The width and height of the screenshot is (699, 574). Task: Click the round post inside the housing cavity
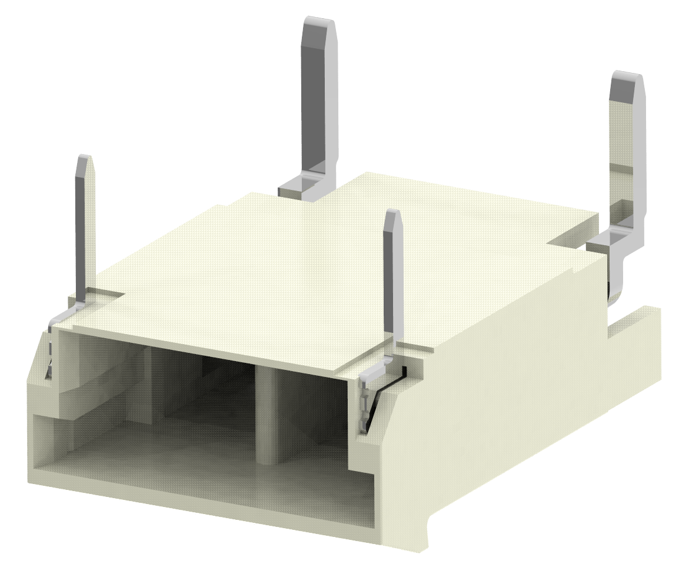[x=267, y=412]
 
